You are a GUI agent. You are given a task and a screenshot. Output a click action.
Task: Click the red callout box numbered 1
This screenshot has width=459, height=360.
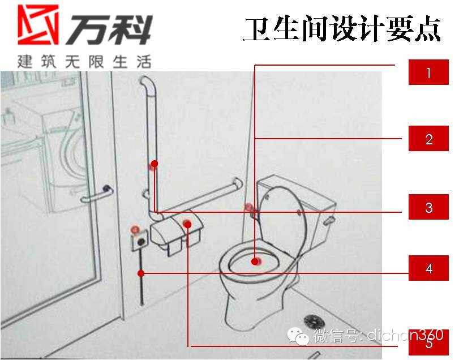(x=428, y=72)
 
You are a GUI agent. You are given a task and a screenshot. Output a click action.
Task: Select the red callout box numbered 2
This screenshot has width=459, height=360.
(x=428, y=139)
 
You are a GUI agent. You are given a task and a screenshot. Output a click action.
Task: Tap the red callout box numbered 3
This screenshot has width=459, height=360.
(x=428, y=207)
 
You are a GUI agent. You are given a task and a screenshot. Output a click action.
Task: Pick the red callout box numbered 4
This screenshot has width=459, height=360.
(x=428, y=268)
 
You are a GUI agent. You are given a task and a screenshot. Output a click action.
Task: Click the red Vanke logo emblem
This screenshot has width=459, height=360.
(x=38, y=24)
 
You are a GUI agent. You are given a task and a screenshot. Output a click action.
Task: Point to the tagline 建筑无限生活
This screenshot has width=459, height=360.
(x=84, y=62)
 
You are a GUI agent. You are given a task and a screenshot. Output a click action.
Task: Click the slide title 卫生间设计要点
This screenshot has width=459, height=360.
(x=342, y=29)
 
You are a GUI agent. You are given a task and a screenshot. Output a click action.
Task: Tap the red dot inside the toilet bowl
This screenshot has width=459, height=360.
(x=255, y=261)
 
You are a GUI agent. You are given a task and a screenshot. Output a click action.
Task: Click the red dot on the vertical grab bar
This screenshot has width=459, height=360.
(x=155, y=164)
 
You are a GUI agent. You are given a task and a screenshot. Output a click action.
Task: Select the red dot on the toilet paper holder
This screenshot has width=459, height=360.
(x=188, y=225)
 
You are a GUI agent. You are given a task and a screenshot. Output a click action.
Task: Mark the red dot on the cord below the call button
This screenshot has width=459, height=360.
(x=141, y=273)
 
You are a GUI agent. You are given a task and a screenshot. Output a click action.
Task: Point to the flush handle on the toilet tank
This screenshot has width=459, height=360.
(x=328, y=220)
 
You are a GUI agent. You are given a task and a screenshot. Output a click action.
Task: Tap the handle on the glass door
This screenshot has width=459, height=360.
(x=97, y=195)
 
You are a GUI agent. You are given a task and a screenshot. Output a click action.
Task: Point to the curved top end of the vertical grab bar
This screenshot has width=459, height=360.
(x=148, y=84)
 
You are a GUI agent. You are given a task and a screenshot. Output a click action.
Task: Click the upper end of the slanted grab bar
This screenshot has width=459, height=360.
(x=238, y=183)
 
